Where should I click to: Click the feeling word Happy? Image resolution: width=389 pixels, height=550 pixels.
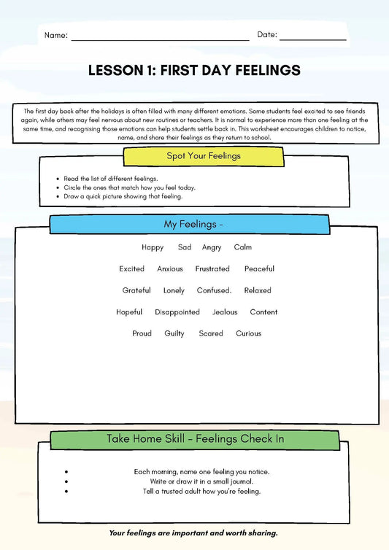point(153,247)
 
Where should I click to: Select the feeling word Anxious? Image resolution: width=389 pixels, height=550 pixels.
point(170,269)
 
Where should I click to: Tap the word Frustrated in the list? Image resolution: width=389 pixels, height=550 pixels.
point(212,269)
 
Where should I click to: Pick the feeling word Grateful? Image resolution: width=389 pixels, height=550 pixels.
point(136,290)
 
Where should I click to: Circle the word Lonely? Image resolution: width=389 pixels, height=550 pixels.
point(174,290)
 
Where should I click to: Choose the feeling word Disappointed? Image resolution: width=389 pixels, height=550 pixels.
point(177,312)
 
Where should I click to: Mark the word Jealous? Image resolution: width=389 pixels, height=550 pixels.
point(225,312)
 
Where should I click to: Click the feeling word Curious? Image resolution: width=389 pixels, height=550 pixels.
point(248,333)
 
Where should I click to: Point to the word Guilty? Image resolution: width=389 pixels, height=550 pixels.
point(174,333)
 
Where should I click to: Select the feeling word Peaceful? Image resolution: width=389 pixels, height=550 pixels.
point(259,269)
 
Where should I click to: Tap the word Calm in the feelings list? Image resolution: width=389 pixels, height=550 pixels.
point(242,247)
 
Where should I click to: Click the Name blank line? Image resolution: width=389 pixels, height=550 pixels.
point(160,39)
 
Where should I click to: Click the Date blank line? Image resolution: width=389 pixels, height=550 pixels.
point(312,39)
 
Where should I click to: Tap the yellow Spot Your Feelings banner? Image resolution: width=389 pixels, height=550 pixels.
point(204,156)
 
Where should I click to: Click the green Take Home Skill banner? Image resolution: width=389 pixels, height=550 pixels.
point(195,439)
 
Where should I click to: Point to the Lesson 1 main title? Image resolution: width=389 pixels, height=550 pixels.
point(194,71)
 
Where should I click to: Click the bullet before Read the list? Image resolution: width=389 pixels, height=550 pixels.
point(57,179)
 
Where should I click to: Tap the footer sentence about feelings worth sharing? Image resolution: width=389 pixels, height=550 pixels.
point(193,533)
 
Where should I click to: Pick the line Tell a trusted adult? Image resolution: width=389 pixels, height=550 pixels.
point(201,491)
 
